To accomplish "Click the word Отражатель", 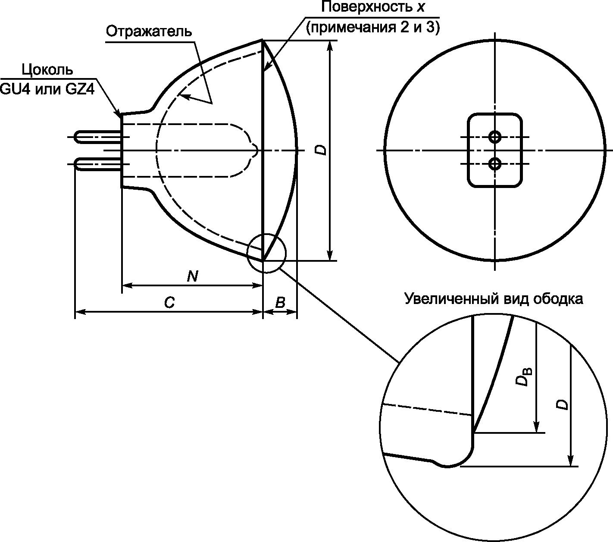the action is coord(149,31).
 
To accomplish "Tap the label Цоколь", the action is coord(47,70).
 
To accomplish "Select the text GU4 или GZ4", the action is coord(47,89).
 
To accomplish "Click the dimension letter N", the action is coord(192,276).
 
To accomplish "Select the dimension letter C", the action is coord(169,302).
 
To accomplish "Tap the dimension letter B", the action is coord(280,302).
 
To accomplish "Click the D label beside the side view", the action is coord(321,150).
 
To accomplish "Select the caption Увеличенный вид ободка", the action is coord(494,299).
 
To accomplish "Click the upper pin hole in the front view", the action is coord(495,137).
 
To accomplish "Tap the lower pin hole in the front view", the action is coord(495,164).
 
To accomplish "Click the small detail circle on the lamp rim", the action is coord(247,253).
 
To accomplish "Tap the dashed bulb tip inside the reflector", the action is coord(256,150).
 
